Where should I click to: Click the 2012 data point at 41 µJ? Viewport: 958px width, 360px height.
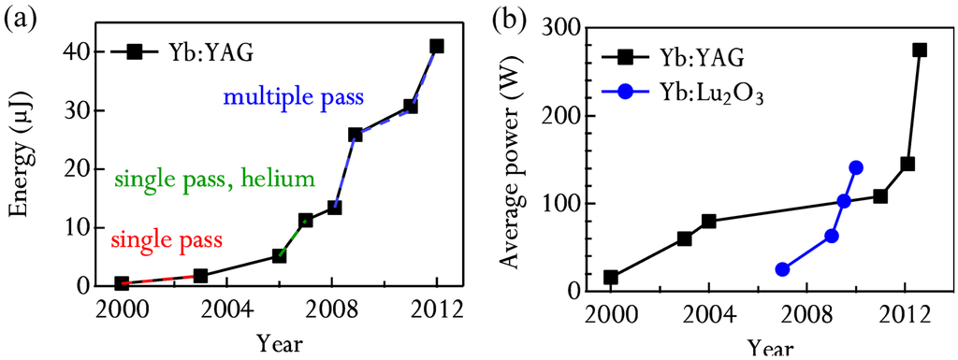(436, 46)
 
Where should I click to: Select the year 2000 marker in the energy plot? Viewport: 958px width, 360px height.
(122, 282)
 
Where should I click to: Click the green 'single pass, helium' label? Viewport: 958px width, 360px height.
(214, 179)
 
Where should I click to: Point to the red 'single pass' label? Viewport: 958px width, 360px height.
(167, 240)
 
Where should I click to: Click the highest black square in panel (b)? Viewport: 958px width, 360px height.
(920, 50)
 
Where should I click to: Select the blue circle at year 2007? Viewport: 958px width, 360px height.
(782, 269)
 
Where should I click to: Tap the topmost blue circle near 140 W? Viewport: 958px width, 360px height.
(856, 167)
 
